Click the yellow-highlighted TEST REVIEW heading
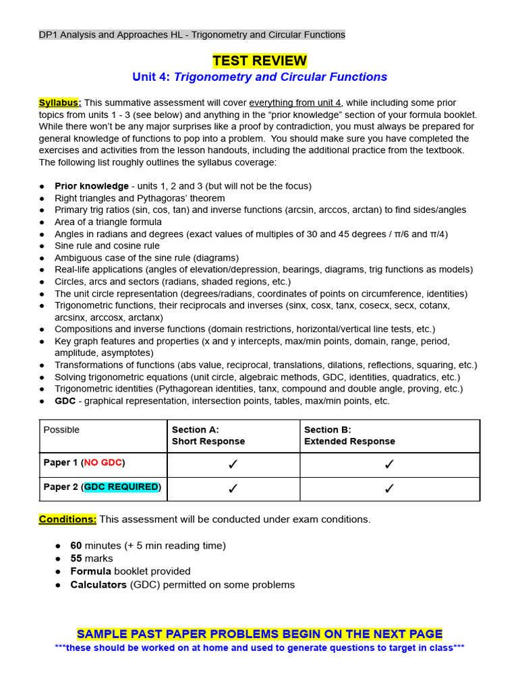(x=260, y=61)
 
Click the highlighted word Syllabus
(x=59, y=102)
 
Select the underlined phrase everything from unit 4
(x=295, y=102)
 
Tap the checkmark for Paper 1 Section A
(x=233, y=464)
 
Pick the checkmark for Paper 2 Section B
(x=389, y=489)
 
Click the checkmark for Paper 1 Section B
(x=389, y=464)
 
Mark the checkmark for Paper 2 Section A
(x=233, y=489)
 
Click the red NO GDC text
(x=103, y=463)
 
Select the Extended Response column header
(x=349, y=441)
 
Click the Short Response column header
(x=208, y=441)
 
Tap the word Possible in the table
(x=61, y=430)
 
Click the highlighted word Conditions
(x=67, y=520)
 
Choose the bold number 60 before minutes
(x=76, y=546)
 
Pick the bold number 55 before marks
(x=76, y=559)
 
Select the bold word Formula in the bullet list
(x=90, y=571)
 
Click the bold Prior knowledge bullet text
(x=92, y=186)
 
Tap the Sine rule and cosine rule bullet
(x=107, y=246)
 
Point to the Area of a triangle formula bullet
(x=108, y=222)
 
